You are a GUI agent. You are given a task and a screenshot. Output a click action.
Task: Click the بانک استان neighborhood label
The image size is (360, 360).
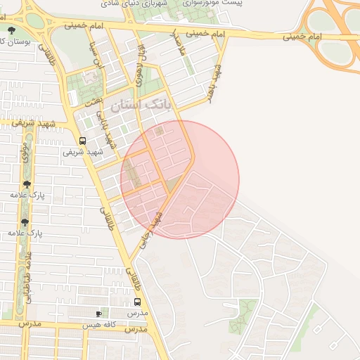(141, 105)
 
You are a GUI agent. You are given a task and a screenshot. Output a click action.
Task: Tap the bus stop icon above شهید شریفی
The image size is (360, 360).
(83, 141)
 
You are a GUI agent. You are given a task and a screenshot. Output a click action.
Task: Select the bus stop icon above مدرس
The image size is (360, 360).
(137, 302)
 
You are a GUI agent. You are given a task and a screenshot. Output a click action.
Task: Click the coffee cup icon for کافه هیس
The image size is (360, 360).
(98, 314)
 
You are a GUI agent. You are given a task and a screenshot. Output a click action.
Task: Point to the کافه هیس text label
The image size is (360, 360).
(98, 326)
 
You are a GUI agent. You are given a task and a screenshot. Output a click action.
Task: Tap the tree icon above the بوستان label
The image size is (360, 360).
(12, 30)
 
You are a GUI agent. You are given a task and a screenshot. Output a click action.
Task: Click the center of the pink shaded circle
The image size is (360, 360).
(180, 180)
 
